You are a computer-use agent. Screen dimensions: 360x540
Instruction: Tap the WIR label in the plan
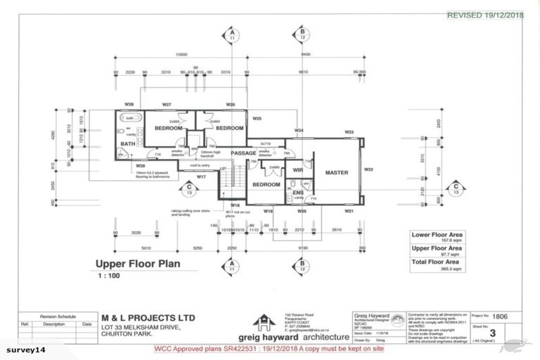(x=297, y=169)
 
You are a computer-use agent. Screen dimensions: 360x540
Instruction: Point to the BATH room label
(x=127, y=144)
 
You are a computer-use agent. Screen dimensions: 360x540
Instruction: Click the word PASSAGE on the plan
(x=244, y=153)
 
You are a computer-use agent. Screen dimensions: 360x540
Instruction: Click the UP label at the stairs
(x=223, y=169)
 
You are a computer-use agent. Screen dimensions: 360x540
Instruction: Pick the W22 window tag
(x=369, y=169)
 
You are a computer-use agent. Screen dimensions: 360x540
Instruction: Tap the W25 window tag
(x=257, y=119)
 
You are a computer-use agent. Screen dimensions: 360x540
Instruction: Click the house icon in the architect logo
(x=263, y=321)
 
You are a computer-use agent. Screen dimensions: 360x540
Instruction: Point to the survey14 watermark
(x=25, y=349)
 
